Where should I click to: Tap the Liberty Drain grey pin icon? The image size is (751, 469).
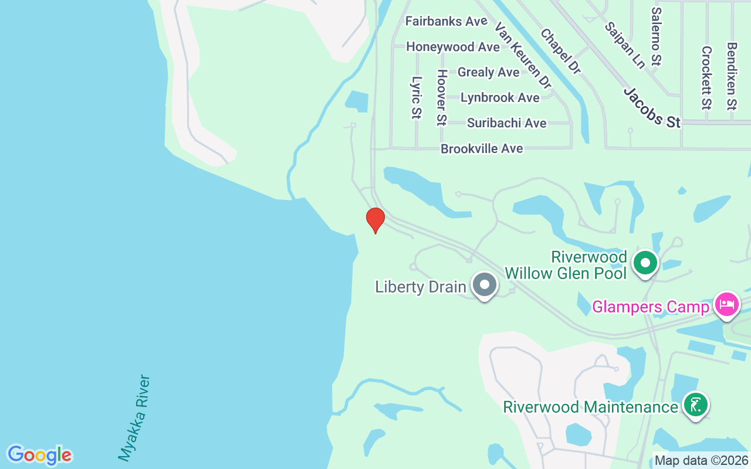(485, 285)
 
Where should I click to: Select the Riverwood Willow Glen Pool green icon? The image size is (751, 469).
(645, 263)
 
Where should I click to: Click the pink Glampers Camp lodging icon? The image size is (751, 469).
(726, 304)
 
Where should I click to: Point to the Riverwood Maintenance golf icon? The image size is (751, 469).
(695, 405)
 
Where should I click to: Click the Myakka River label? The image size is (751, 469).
(135, 417)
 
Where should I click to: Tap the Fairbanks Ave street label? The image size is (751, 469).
(446, 21)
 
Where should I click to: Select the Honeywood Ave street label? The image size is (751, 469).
(453, 47)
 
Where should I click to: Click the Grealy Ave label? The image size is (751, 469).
(489, 72)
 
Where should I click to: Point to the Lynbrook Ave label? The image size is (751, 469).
(500, 97)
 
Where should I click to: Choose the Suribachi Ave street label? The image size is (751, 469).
(507, 123)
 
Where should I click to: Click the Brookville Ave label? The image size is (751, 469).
(482, 149)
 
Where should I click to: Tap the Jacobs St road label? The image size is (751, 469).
(652, 107)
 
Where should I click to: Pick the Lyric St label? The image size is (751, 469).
(417, 97)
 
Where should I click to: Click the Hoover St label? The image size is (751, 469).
(442, 97)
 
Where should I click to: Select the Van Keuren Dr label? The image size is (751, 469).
(523, 56)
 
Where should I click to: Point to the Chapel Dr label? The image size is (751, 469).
(560, 52)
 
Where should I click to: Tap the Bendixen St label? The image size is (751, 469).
(731, 76)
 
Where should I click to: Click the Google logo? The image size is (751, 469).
(39, 455)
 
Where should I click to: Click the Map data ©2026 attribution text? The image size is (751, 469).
(701, 461)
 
